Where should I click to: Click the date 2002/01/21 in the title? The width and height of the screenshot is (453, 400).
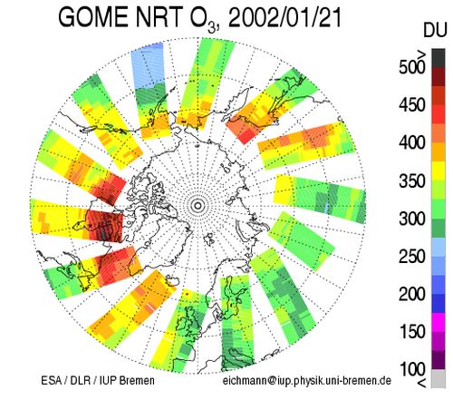(284, 17)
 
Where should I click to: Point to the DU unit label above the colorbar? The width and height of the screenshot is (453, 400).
(435, 30)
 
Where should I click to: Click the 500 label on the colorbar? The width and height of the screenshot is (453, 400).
(412, 67)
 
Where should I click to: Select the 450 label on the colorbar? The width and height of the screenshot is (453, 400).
(412, 105)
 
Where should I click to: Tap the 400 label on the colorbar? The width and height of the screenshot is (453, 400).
(412, 142)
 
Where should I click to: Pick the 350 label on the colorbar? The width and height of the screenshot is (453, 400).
(412, 180)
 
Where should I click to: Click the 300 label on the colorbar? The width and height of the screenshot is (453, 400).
(412, 219)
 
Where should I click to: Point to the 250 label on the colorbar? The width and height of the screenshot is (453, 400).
(412, 257)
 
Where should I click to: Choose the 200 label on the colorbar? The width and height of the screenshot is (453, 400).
(412, 294)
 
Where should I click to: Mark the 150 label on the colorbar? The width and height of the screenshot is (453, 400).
(412, 332)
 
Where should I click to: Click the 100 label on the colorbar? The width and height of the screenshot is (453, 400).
(412, 369)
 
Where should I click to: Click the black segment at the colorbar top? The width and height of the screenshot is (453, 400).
(439, 58)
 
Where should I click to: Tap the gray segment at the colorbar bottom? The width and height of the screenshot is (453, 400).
(439, 378)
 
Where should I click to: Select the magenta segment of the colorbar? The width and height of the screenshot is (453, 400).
(439, 323)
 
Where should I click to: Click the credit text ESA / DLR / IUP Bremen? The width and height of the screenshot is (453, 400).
(98, 380)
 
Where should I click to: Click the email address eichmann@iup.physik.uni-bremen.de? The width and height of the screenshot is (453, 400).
(307, 381)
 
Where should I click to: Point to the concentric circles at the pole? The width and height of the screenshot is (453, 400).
(198, 206)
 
